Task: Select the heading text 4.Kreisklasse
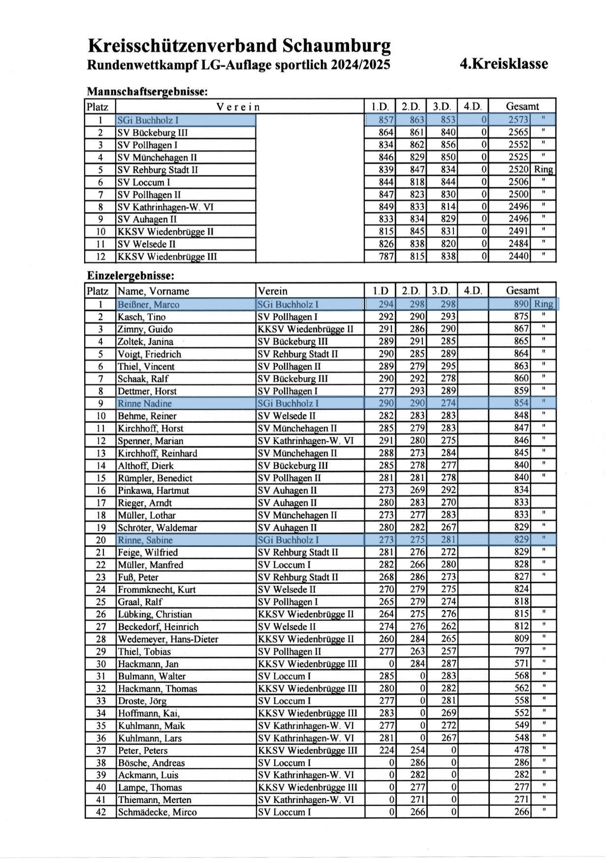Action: pyautogui.click(x=503, y=64)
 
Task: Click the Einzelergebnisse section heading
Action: pyautogui.click(x=130, y=276)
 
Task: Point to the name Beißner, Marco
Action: pyautogui.click(x=148, y=304)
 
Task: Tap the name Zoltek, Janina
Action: pyautogui.click(x=145, y=341)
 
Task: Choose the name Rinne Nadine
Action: pyautogui.click(x=144, y=403)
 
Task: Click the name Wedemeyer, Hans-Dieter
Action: pyautogui.click(x=167, y=639)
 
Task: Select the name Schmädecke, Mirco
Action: pyautogui.click(x=157, y=812)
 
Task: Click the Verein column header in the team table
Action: pyautogui.click(x=238, y=106)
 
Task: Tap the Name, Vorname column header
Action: pyautogui.click(x=153, y=291)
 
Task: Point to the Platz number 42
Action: pyautogui.click(x=100, y=812)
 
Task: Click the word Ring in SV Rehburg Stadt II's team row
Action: pyautogui.click(x=544, y=170)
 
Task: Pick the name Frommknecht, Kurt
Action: pyautogui.click(x=157, y=590)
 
